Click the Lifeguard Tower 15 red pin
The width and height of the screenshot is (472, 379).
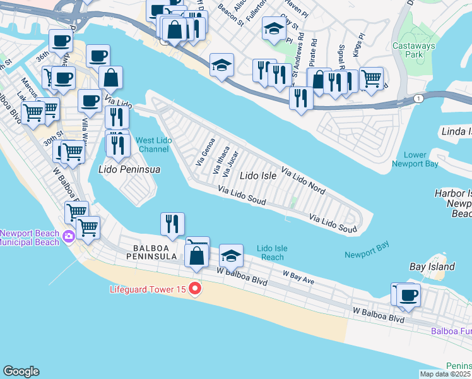click(195, 289)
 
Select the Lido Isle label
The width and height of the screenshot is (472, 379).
click(259, 176)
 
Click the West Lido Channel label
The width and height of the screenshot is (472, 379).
click(153, 144)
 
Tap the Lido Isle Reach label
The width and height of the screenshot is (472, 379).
click(272, 253)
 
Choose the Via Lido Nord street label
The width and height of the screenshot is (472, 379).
click(303, 181)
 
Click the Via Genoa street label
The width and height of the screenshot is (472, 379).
click(206, 152)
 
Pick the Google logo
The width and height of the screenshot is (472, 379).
click(21, 371)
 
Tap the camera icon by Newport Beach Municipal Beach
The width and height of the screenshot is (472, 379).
click(69, 237)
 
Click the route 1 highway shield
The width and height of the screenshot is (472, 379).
click(418, 99)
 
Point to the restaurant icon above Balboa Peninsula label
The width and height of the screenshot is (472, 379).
click(172, 223)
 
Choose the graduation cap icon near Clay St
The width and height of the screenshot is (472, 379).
click(273, 29)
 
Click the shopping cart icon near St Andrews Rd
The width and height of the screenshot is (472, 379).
click(371, 78)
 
